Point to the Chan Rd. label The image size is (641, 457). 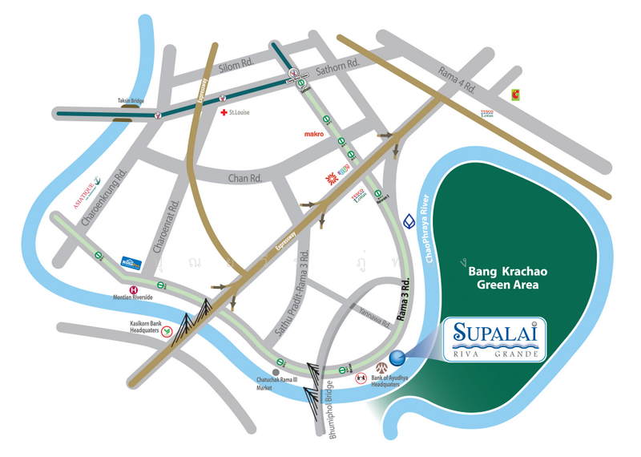click(x=246, y=176)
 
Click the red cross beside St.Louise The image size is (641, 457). click(x=224, y=113)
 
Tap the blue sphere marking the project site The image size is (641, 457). click(x=397, y=358)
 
